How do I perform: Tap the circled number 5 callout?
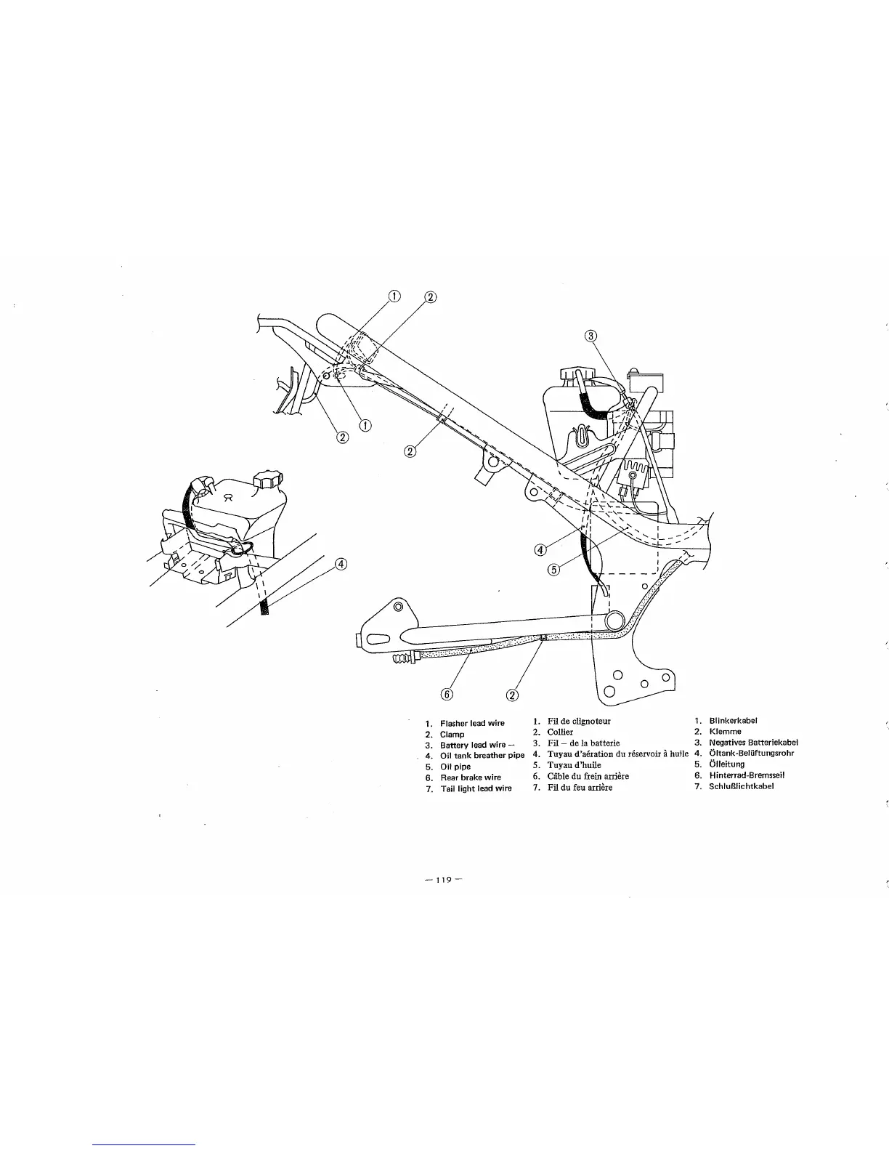pos(554,570)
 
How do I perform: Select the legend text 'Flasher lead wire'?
pos(472,723)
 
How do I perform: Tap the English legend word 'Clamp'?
pos(452,735)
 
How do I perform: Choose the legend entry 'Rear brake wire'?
pos(471,778)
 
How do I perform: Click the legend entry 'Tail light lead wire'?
pos(476,788)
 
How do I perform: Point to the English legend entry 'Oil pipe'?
pos(455,767)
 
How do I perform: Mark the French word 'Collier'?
pos(560,732)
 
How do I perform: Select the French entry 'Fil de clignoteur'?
pos(579,722)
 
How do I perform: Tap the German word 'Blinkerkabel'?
pos(733,721)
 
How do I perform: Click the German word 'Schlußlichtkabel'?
pos(741,786)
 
